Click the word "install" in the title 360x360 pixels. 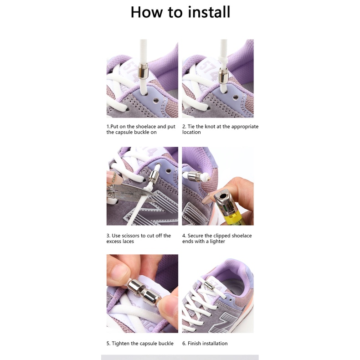[x=209, y=12]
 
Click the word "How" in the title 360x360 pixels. [x=147, y=12]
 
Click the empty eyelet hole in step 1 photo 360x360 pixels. [x=156, y=100]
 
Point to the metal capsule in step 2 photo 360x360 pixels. [x=223, y=76]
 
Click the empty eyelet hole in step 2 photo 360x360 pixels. [x=236, y=98]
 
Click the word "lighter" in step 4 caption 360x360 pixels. [x=217, y=242]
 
